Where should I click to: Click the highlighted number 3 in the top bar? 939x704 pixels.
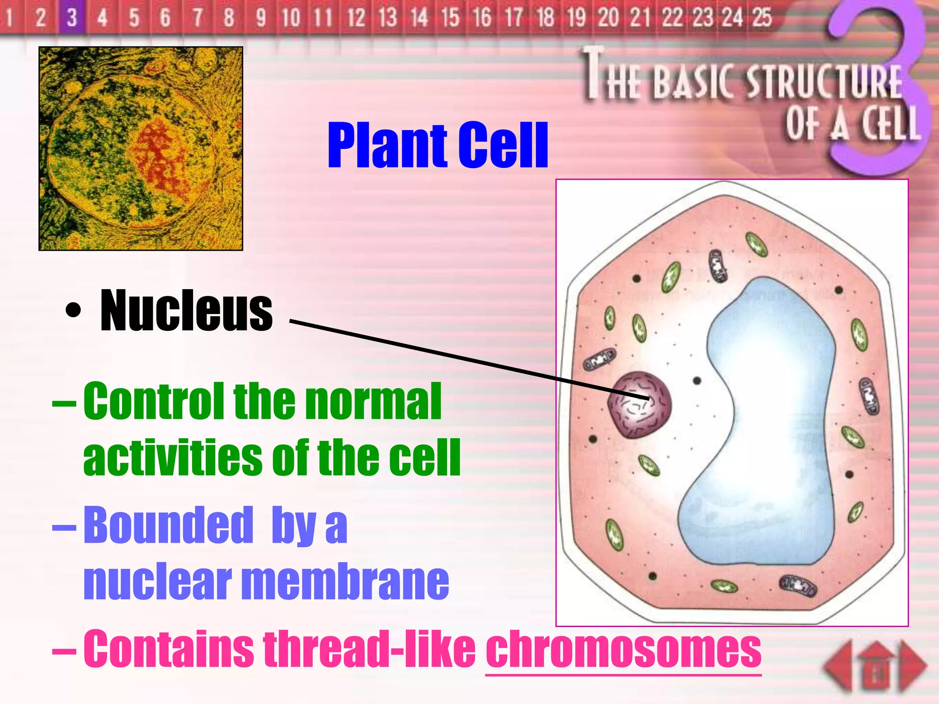pos(72,17)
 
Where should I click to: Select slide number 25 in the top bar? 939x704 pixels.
pos(762,17)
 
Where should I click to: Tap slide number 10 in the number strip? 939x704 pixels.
pos(291,17)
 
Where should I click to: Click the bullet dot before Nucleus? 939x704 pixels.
pos(73,311)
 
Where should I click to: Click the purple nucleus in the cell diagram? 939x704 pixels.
pos(639,404)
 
